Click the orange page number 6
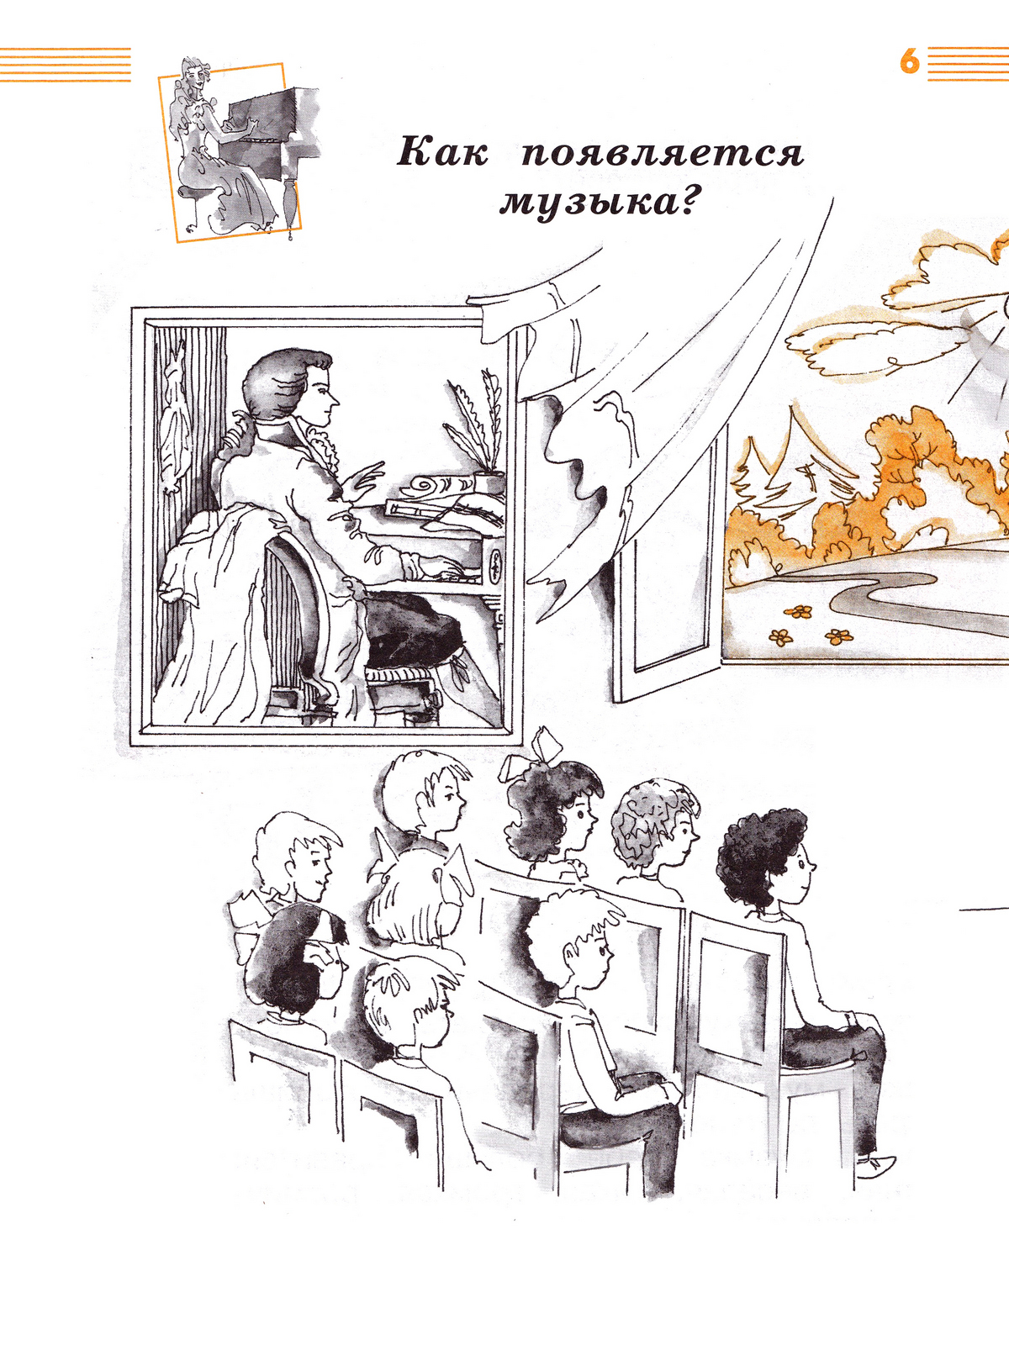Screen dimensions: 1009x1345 tap(910, 62)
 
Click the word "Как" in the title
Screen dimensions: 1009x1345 tap(442, 153)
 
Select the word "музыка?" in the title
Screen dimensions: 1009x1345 tap(599, 203)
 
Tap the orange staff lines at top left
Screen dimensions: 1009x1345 tap(66, 65)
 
